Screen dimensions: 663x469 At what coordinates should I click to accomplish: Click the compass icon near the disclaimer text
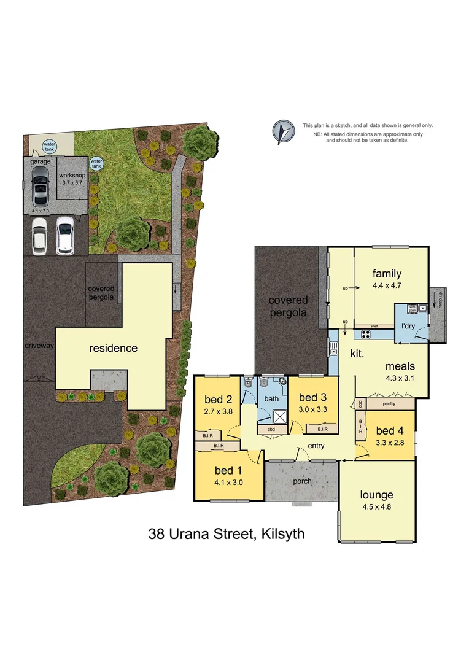click(x=282, y=131)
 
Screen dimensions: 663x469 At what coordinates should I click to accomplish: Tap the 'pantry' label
click(x=387, y=404)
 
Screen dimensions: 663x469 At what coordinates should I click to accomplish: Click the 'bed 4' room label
click(x=390, y=430)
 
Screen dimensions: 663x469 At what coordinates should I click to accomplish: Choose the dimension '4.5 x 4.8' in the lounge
click(x=376, y=508)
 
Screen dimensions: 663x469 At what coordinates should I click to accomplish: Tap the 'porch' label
click(x=301, y=481)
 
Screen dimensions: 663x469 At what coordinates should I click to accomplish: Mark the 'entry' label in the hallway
click(x=315, y=446)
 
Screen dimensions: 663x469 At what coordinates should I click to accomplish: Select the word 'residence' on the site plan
click(x=114, y=348)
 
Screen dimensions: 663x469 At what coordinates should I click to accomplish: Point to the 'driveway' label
click(x=39, y=346)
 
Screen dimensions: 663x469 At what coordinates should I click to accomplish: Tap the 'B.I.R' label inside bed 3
click(x=323, y=429)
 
